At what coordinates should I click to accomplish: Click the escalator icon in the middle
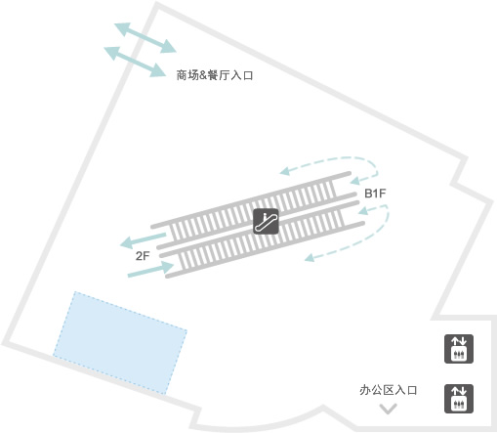click(x=266, y=221)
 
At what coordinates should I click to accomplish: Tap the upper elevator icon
click(x=459, y=349)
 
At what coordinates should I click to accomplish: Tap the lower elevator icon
click(x=459, y=399)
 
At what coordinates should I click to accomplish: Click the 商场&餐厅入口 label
click(x=215, y=75)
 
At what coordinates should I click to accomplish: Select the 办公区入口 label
click(x=388, y=390)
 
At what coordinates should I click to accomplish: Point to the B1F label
click(x=375, y=194)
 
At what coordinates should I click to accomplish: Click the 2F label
click(x=143, y=256)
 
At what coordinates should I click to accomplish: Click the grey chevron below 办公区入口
click(x=388, y=409)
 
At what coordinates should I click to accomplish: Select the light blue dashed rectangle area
click(x=120, y=343)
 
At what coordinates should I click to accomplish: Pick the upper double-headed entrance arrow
click(x=145, y=37)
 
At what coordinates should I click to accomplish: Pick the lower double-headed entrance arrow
click(x=135, y=62)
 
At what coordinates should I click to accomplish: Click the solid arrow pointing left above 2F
click(x=143, y=240)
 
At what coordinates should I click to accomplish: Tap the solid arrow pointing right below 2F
click(x=150, y=270)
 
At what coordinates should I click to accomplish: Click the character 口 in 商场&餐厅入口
click(x=248, y=75)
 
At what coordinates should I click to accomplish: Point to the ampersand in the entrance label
click(x=203, y=75)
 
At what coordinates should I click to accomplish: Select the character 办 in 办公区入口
click(x=365, y=390)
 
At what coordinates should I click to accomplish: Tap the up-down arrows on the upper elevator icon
click(x=459, y=341)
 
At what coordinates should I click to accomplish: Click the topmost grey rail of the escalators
click(x=251, y=199)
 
